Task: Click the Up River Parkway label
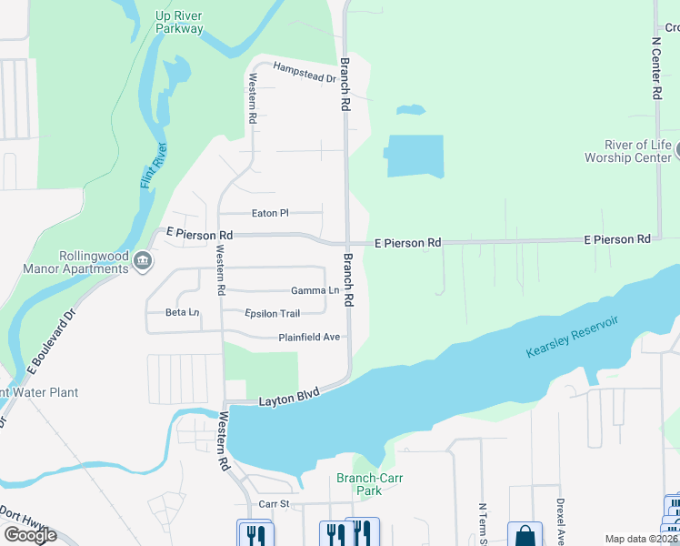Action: click(179, 22)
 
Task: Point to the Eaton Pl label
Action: click(269, 213)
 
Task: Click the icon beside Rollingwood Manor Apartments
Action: click(143, 262)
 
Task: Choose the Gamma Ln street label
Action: click(315, 291)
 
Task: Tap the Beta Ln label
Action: click(182, 312)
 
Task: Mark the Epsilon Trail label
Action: click(272, 314)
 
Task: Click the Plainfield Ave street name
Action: click(309, 337)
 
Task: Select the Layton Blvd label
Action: click(289, 398)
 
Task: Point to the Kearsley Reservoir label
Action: click(572, 337)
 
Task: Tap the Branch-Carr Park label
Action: click(369, 484)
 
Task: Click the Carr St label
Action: click(272, 503)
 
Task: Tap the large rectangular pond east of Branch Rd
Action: click(415, 156)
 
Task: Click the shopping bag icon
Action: click(525, 535)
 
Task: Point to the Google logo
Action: click(30, 535)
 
